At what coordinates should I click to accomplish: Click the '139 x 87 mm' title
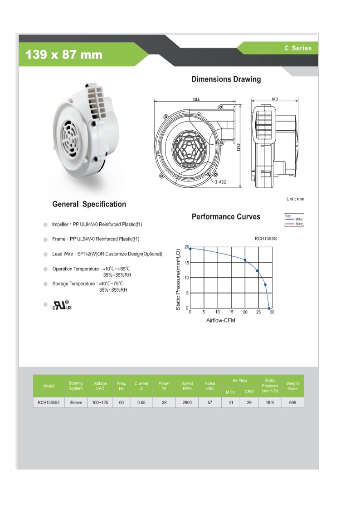64,55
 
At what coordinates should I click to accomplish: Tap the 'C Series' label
298,48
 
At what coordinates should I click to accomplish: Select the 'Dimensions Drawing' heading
226,79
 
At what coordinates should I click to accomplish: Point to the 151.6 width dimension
196,99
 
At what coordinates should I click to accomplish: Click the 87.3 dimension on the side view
275,99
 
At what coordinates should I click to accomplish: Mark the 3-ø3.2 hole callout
220,182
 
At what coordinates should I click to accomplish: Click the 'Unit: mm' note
295,199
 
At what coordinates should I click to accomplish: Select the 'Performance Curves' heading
226,216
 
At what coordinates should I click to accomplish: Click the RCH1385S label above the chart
265,238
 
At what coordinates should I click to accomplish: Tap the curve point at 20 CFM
245,260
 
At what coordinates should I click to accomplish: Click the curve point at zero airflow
190,249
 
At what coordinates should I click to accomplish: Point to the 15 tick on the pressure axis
186,263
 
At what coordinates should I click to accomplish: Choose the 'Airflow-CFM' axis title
221,320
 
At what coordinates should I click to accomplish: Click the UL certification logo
62,305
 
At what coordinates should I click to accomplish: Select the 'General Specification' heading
89,204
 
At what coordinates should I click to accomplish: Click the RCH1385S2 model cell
49,402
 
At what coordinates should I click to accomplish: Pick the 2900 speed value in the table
187,402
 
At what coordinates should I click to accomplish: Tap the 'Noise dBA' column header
210,386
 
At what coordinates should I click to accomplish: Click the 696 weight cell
292,402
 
